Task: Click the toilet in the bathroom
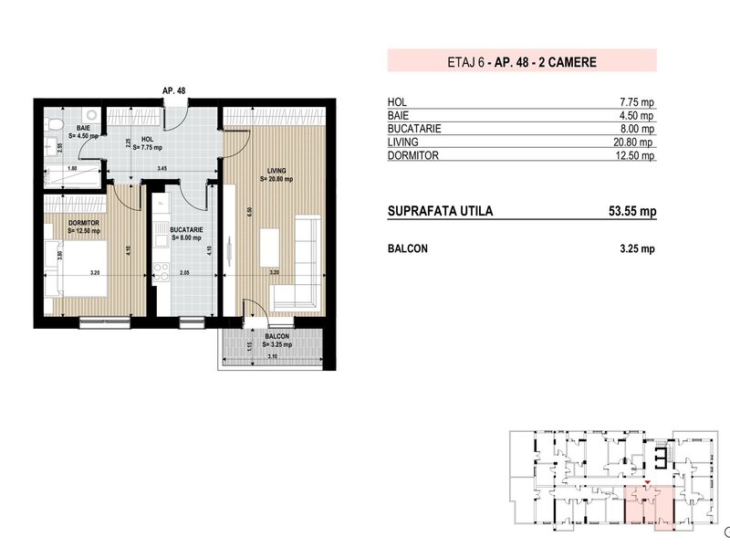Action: (53, 124)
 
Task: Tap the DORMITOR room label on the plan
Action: (84, 223)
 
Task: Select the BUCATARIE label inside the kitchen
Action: (186, 230)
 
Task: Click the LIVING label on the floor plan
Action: (276, 171)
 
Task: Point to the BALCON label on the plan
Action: (277, 336)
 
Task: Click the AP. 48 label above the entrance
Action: (174, 90)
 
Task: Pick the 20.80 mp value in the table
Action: (633, 142)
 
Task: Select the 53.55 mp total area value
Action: (632, 211)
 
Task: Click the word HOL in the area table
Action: (397, 101)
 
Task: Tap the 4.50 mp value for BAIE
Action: (636, 115)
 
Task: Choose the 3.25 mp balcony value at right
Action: (637, 248)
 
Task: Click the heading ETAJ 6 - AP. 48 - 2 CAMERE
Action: (522, 62)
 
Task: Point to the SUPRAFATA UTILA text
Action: (440, 211)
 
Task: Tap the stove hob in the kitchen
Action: (162, 272)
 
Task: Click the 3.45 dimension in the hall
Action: (162, 168)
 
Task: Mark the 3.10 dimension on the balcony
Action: (273, 356)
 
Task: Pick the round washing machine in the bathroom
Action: (92, 115)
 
